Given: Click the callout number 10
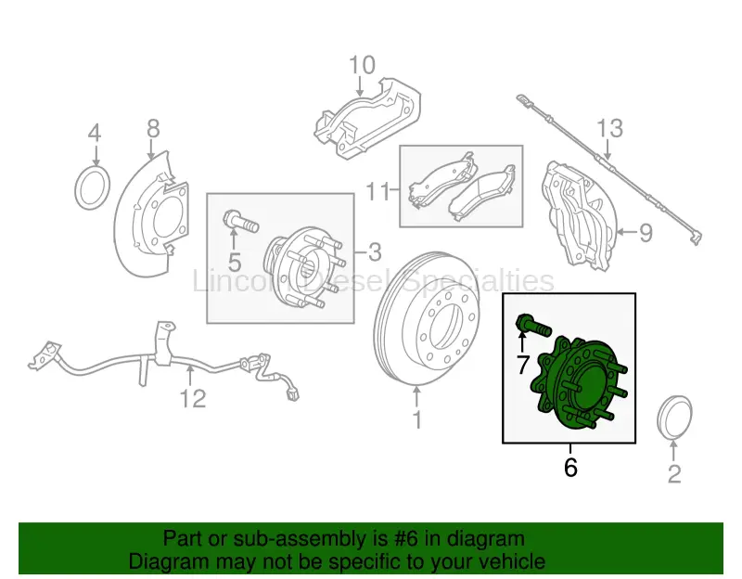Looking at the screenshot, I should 363,65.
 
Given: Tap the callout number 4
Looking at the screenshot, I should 94,134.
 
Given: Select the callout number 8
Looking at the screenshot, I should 153,127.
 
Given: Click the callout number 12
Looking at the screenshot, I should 192,399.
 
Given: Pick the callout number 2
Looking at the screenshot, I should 674,474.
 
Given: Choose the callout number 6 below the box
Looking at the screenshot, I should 570,468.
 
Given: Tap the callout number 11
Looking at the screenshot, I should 376,192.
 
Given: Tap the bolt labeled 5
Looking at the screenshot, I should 238,223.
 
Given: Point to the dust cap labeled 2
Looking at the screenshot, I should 673,419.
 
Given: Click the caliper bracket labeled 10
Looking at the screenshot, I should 366,118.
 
